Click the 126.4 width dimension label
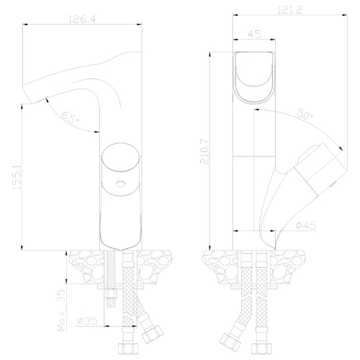pos(82,19)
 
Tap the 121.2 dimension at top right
pos(289,10)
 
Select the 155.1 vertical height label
pos(17,177)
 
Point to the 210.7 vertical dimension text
pos(204,151)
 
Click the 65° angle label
pos(71,117)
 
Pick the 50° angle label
pos(305,114)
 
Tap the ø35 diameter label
pos(87,320)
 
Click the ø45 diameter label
pos(306,225)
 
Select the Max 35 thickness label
pos(62,310)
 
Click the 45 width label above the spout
pos(254,34)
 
